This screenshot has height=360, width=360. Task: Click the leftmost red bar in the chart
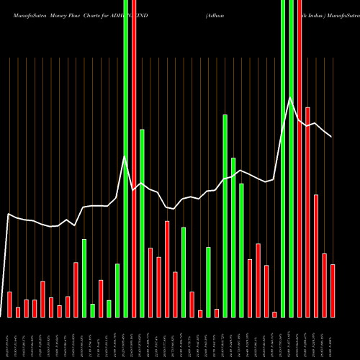tap(9, 304)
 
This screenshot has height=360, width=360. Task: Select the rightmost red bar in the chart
tap(333, 290)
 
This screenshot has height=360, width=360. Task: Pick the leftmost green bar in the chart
tap(84, 277)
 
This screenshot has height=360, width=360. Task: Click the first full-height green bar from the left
tap(125, 158)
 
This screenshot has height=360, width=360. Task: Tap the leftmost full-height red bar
tap(134, 158)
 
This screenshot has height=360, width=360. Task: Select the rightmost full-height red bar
tap(300, 158)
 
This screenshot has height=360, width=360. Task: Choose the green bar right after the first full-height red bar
tap(142, 222)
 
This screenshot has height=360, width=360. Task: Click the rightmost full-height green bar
tap(291, 158)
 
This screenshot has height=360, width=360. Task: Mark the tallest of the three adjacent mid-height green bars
tap(225, 215)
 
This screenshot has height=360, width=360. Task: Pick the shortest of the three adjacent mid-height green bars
tap(241, 250)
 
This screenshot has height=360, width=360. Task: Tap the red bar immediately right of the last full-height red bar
tap(307, 212)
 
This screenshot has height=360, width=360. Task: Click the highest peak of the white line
tap(290, 97)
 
